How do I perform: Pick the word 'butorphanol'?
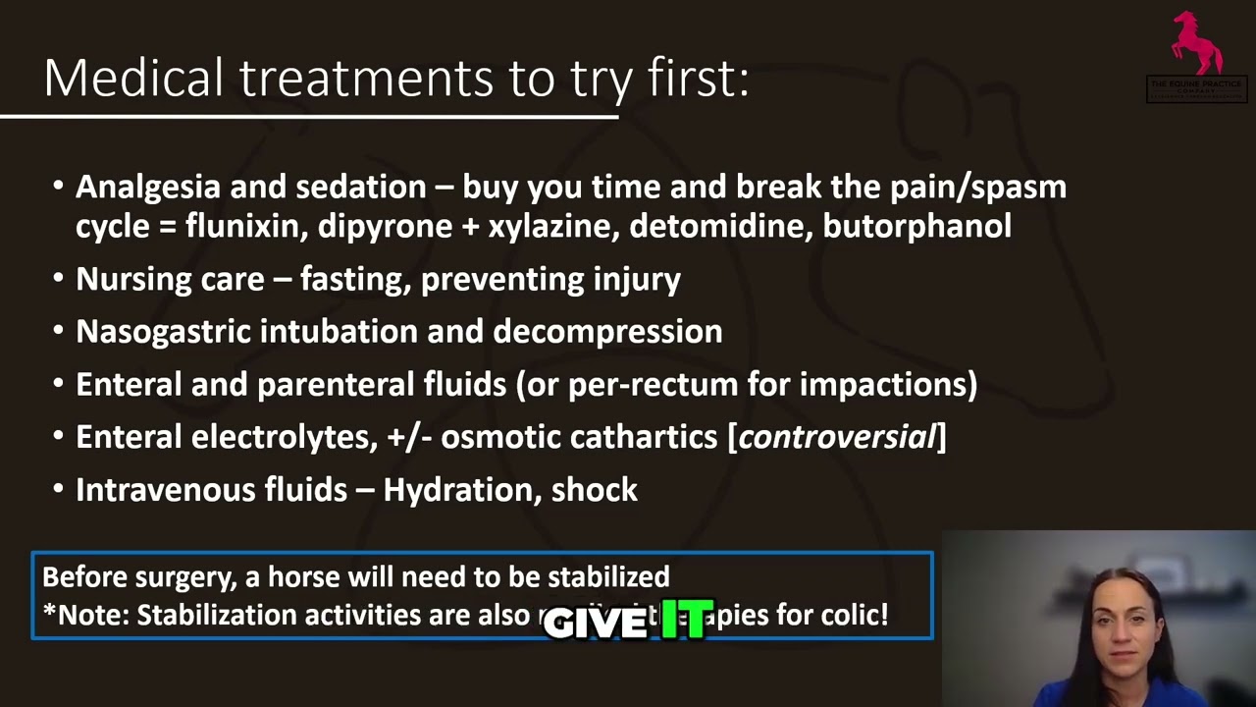pyautogui.click(x=916, y=226)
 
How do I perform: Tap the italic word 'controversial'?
pyautogui.click(x=837, y=437)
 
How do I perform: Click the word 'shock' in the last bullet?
pyautogui.click(x=595, y=490)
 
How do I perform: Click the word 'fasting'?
pyautogui.click(x=355, y=279)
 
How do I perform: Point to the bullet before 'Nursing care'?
pyautogui.click(x=59, y=279)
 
